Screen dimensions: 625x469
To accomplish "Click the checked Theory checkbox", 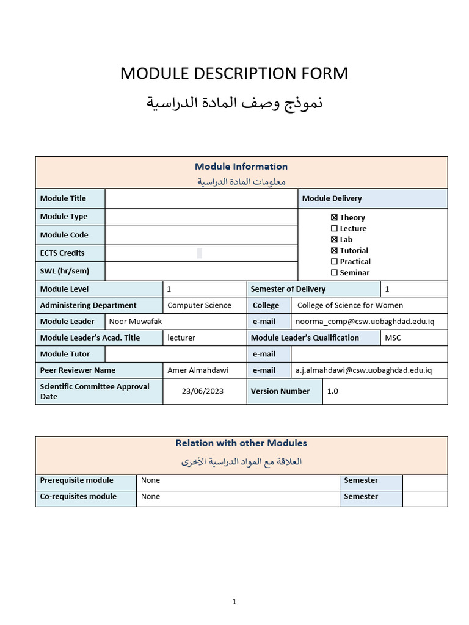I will coord(334,217).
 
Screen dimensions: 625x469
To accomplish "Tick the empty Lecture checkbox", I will coord(334,228).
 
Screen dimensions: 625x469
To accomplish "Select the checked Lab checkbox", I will coord(334,239).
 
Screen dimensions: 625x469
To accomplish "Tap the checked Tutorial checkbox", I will coord(334,250).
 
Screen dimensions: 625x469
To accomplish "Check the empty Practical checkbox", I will coord(334,261).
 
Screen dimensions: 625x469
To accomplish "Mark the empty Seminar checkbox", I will coord(334,272).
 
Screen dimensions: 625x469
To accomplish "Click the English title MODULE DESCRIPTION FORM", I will coord(234,73).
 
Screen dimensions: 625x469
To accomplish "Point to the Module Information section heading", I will coord(241,166).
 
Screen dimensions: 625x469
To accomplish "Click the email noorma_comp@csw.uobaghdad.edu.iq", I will coord(363,322).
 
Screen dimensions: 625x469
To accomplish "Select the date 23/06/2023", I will coord(203,391).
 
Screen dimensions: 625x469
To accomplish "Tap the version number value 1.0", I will coord(332,391).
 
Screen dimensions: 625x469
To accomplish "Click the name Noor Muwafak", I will coord(135,322).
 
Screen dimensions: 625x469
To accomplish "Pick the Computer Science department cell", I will coord(199,305).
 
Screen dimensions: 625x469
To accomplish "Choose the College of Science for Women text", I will coord(350,305).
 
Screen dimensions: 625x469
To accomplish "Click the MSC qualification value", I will coord(393,338).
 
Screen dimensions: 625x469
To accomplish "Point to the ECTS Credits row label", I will coord(62,253).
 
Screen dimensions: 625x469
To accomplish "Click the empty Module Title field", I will coord(202,198).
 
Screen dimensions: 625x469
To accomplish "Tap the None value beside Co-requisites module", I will coord(150,496).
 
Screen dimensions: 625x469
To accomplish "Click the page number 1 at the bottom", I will coord(234,602).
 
